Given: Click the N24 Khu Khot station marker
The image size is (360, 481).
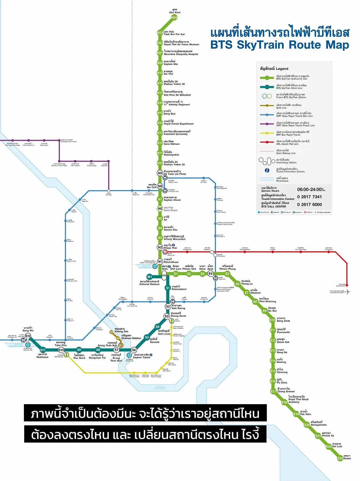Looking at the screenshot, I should click(174, 18).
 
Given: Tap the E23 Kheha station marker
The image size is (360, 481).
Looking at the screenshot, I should click(340, 458).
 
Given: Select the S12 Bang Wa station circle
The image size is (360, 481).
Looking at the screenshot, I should click(28, 336).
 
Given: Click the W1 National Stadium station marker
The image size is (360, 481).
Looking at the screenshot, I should click(149, 277).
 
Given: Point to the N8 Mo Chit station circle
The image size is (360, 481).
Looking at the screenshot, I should click(160, 186).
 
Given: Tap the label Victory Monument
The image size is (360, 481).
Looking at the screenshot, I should click(175, 239).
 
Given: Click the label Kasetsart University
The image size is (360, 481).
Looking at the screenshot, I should click(175, 134).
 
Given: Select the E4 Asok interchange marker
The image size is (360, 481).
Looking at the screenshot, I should click(211, 274).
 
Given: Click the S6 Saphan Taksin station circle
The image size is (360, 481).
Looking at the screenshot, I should click(134, 350).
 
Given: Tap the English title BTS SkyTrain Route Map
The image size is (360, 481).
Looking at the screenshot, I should click(280, 45).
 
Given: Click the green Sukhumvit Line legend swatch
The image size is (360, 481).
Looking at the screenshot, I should click(267, 78).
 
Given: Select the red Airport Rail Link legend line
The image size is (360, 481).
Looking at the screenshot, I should click(267, 142).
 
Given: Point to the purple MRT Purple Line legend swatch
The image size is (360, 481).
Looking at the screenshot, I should click(267, 124).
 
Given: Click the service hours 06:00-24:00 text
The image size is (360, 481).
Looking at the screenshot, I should click(309, 189).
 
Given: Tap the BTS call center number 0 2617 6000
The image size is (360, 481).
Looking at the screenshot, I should click(309, 205).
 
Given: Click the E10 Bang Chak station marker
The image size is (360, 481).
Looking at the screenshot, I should click(272, 320).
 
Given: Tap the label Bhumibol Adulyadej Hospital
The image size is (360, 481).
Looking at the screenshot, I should click(181, 54).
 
